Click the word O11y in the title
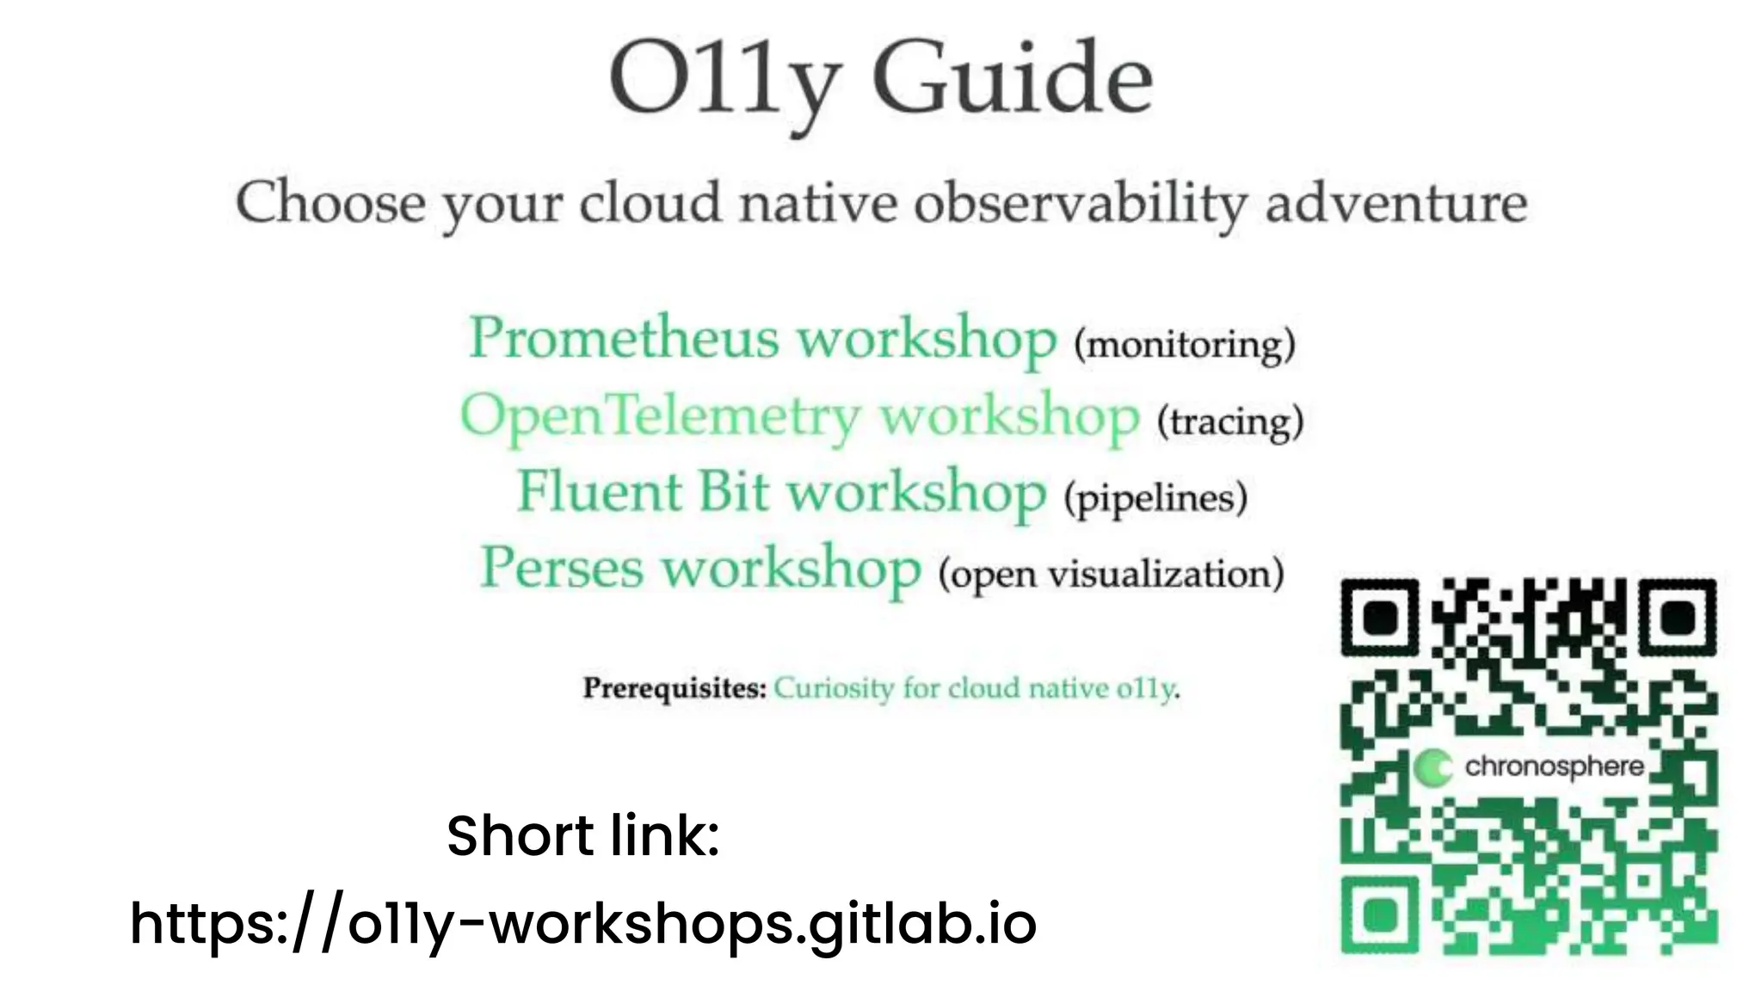[721, 82]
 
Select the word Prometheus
[624, 337]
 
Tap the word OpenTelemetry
[660, 415]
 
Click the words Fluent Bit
[643, 491]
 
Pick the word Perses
[562, 568]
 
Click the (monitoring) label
[1184, 345]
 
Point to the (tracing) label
[1230, 422]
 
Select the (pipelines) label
[1155, 498]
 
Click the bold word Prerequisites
[674, 688]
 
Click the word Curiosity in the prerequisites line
[834, 688]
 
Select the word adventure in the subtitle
[1395, 203]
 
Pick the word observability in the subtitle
[1079, 205]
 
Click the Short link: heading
[582, 835]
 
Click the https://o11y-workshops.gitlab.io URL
[582, 923]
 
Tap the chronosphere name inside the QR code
[1554, 766]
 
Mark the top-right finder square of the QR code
[1677, 618]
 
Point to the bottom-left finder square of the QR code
[1380, 914]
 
